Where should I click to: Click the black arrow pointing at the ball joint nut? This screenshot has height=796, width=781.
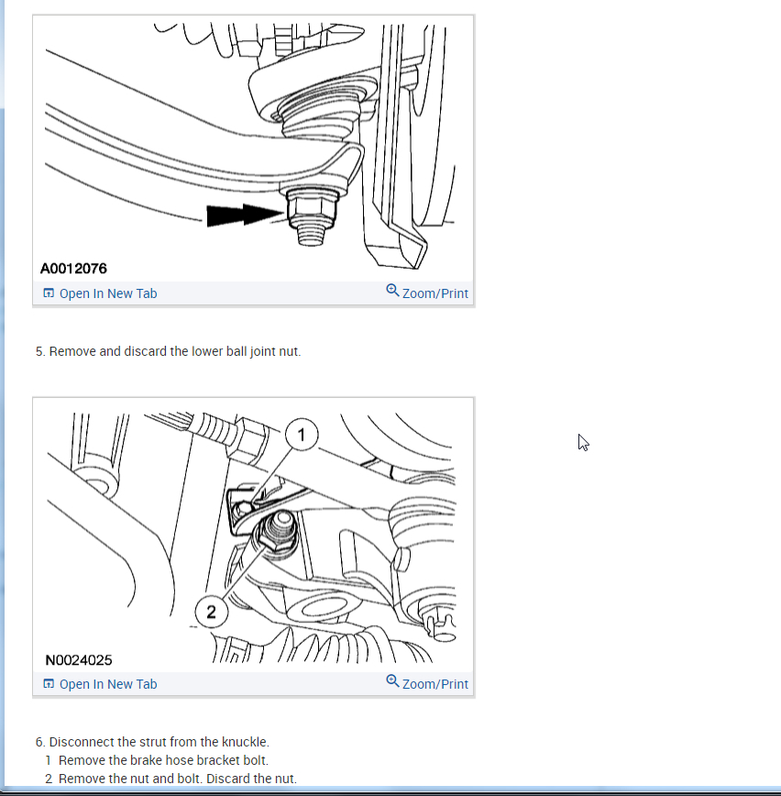[x=245, y=215]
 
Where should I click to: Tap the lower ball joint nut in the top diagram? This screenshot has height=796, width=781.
[x=312, y=208]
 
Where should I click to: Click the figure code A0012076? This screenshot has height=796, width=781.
[x=73, y=268]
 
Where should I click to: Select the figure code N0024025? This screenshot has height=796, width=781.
[x=79, y=660]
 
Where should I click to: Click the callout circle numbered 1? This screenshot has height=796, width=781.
[x=302, y=435]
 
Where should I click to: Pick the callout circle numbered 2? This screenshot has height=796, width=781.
[x=211, y=612]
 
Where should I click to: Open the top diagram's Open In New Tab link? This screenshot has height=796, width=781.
[x=108, y=293]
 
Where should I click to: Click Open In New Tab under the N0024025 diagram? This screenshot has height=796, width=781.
[x=108, y=684]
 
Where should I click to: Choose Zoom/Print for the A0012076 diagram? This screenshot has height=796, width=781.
[x=434, y=293]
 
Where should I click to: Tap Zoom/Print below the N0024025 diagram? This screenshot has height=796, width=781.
[x=434, y=684]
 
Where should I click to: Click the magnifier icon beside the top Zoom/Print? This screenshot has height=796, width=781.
[x=392, y=291]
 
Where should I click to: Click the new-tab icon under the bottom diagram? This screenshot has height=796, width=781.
[x=49, y=683]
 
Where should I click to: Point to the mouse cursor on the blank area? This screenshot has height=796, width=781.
[x=583, y=442]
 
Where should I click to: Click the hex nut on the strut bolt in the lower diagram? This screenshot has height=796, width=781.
[x=274, y=539]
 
